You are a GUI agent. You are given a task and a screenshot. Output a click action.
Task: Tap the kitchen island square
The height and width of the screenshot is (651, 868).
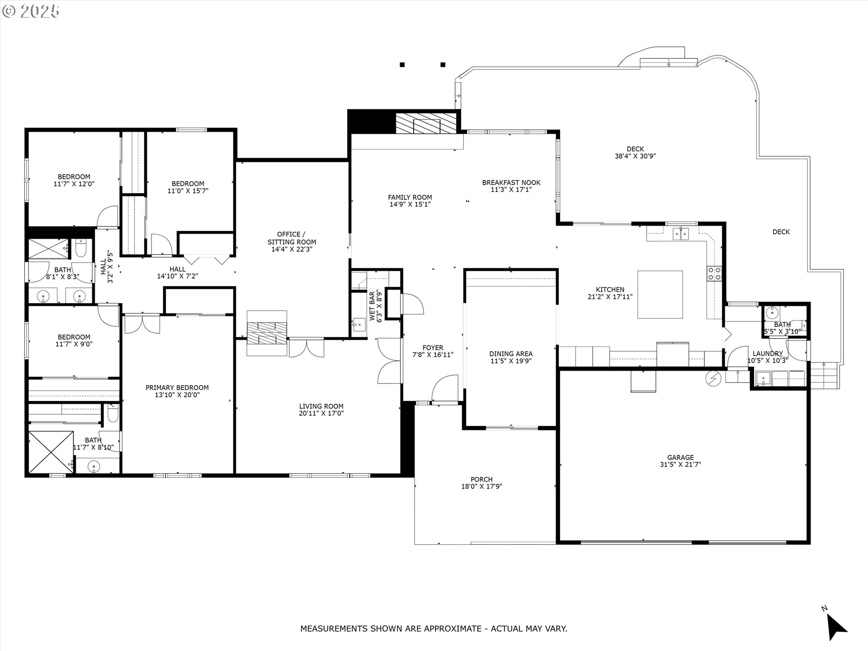point(660,295)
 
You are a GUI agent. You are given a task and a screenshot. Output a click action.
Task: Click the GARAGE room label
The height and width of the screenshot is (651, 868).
point(680,458)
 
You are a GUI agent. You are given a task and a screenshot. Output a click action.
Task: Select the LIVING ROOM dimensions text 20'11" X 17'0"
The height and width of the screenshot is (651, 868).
point(321,413)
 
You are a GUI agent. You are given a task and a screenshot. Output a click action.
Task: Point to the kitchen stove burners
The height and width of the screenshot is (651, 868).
point(714,274)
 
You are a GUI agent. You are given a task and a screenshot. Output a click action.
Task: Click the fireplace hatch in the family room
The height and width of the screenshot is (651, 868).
point(426,123)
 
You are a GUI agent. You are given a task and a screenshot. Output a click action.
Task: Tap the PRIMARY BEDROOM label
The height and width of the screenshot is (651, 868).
point(177,387)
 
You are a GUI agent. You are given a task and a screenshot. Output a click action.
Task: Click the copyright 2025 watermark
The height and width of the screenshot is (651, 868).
point(31,11)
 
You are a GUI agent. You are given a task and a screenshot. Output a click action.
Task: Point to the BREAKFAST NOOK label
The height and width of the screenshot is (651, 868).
point(511,183)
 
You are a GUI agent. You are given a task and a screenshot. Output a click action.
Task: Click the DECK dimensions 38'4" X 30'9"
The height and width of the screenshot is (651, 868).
point(635,156)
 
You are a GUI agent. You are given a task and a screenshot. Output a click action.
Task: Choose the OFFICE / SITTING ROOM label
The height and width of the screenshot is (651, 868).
point(292,238)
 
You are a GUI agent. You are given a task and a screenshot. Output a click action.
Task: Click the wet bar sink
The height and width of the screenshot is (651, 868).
point(359,324)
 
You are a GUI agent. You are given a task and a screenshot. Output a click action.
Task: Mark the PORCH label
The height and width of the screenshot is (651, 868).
point(481,479)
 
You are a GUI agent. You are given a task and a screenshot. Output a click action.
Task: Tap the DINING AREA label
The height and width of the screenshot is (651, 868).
point(511,354)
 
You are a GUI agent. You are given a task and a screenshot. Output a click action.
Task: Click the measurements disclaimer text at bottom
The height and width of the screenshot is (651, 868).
point(434,628)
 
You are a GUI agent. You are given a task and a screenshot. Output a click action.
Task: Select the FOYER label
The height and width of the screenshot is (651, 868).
point(433,348)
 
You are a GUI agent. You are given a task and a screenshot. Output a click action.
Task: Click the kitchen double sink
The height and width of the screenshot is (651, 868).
point(681,234)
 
